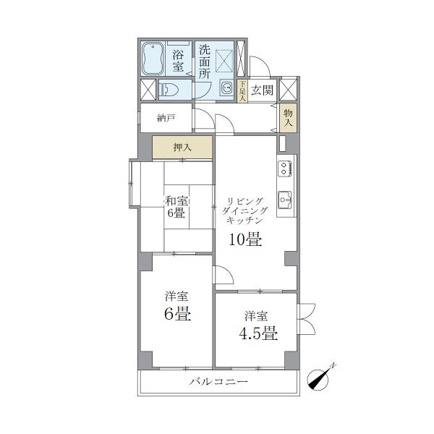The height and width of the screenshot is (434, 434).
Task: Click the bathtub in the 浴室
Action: click(153, 59)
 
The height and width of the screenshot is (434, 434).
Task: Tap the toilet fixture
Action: click(169, 90)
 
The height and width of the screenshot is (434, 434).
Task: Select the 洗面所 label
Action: click(205, 62)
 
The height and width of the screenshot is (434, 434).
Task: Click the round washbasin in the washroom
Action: click(227, 88)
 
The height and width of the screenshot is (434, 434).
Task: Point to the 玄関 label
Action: click(262, 90)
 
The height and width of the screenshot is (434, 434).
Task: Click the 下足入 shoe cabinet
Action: click(242, 91)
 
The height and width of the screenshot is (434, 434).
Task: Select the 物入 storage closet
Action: click(288, 118)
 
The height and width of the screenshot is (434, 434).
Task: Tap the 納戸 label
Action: click(166, 119)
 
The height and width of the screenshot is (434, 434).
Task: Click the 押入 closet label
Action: click(182, 148)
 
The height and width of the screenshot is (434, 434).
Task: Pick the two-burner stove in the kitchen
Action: click(285, 169)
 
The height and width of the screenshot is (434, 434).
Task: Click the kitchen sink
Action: click(284, 199)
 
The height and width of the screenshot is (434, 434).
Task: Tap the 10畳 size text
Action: click(245, 239)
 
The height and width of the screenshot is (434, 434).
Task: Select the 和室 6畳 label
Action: click(176, 207)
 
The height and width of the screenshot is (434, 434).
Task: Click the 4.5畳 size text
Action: click(258, 333)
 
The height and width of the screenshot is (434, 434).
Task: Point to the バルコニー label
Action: click(218, 382)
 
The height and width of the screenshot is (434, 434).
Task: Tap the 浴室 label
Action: click(178, 61)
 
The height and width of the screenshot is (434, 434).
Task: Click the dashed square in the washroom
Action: click(224, 61)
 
